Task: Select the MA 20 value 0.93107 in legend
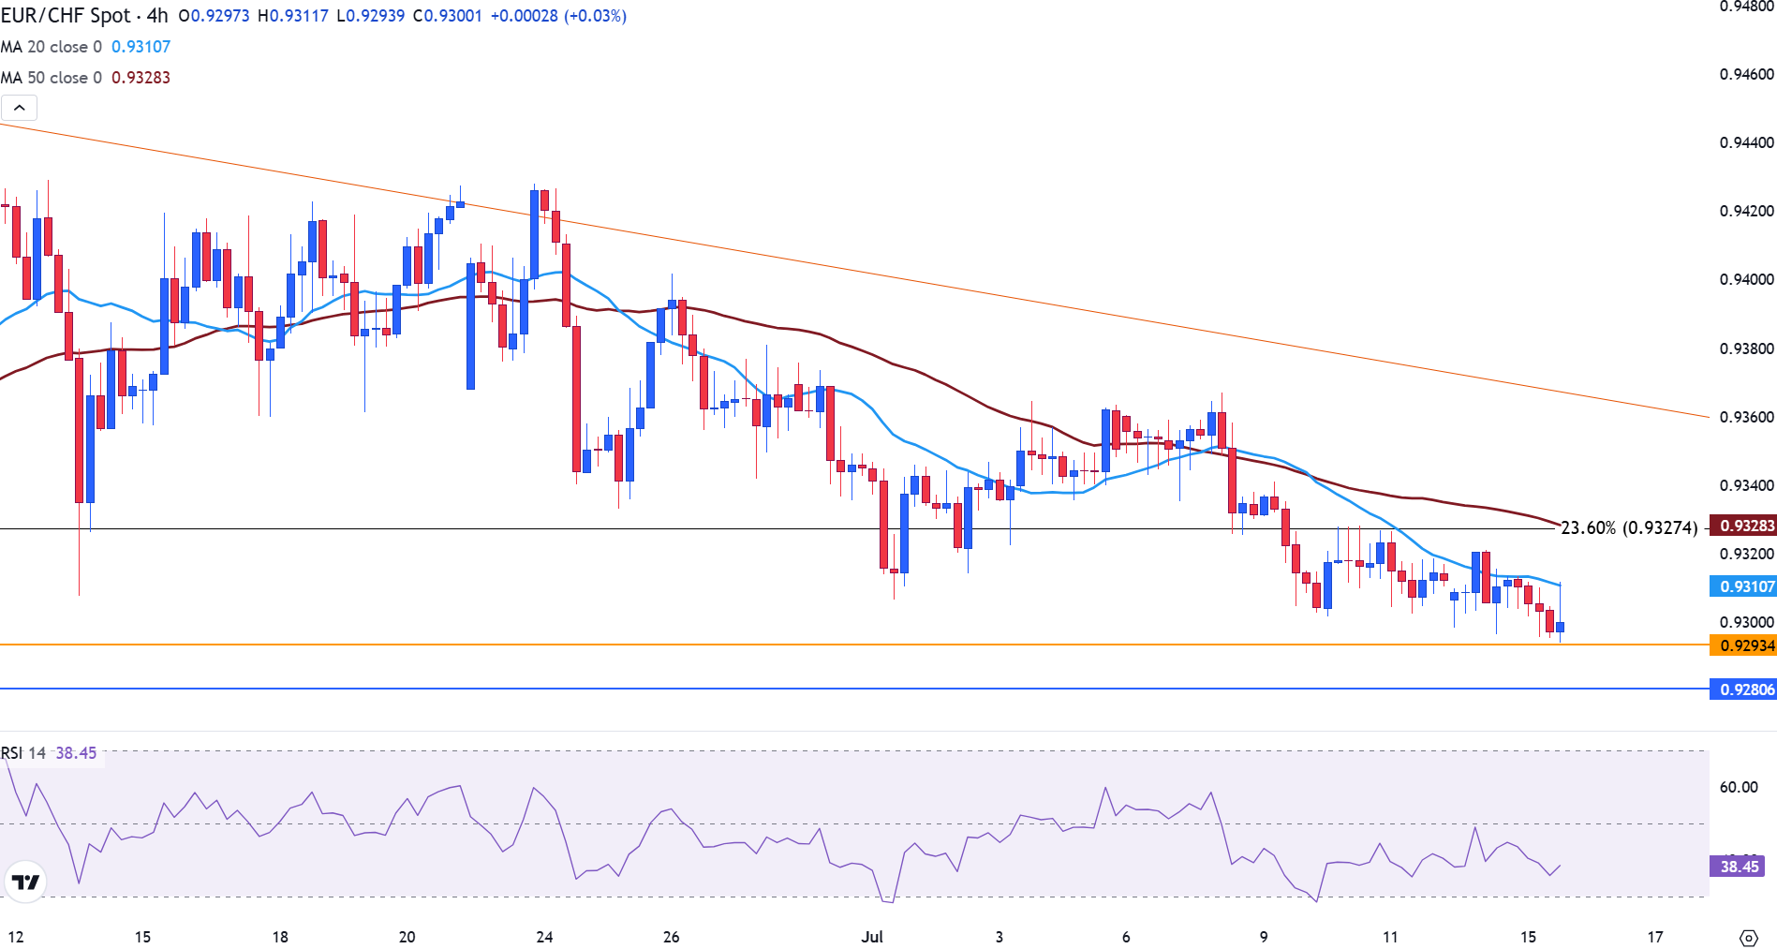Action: [141, 47]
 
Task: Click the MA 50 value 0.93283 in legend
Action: [141, 78]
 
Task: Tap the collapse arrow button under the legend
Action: [20, 108]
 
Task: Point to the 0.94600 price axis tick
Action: [1746, 75]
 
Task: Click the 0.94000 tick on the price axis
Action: [1746, 279]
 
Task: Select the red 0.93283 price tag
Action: [1744, 526]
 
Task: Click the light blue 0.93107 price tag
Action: [1744, 586]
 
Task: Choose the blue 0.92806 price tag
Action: [1744, 690]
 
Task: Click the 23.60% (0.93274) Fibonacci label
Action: [1629, 527]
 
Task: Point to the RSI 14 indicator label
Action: [23, 753]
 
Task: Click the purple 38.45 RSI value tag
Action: [1739, 867]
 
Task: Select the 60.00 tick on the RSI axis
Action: [1738, 787]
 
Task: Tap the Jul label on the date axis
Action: [872, 937]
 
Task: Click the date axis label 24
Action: [544, 937]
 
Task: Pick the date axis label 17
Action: [1655, 937]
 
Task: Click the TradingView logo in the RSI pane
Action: [25, 882]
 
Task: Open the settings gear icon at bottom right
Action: [1748, 938]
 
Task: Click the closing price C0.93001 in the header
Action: [448, 16]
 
